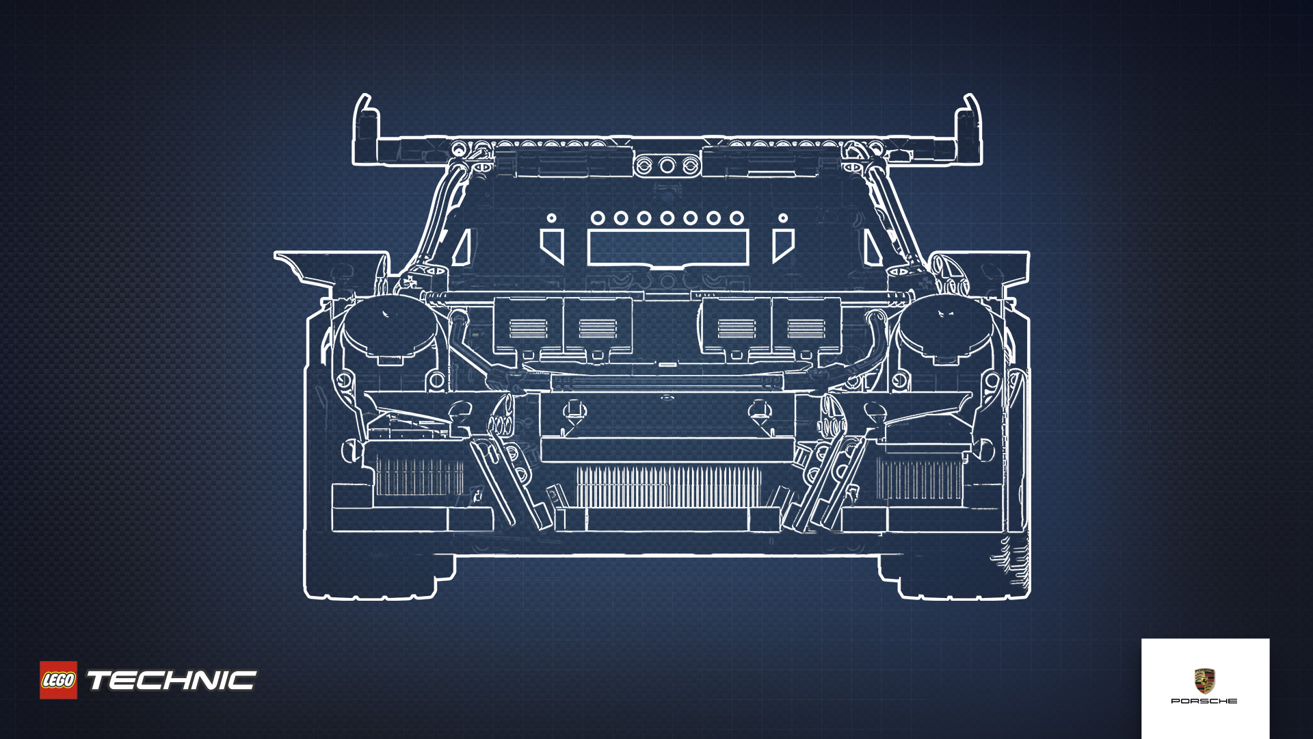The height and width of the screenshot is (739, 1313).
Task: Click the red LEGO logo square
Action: click(58, 680)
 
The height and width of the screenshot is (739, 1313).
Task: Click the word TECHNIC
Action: click(171, 681)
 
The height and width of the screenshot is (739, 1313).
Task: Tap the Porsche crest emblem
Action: click(1204, 682)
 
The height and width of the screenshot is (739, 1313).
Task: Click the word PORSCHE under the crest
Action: click(1204, 701)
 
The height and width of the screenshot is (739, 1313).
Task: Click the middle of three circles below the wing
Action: click(667, 166)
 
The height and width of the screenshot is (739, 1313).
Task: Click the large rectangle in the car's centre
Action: click(668, 247)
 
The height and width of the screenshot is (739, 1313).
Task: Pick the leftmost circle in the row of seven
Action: click(598, 218)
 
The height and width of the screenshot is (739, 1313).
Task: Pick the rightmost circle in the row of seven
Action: click(737, 218)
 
